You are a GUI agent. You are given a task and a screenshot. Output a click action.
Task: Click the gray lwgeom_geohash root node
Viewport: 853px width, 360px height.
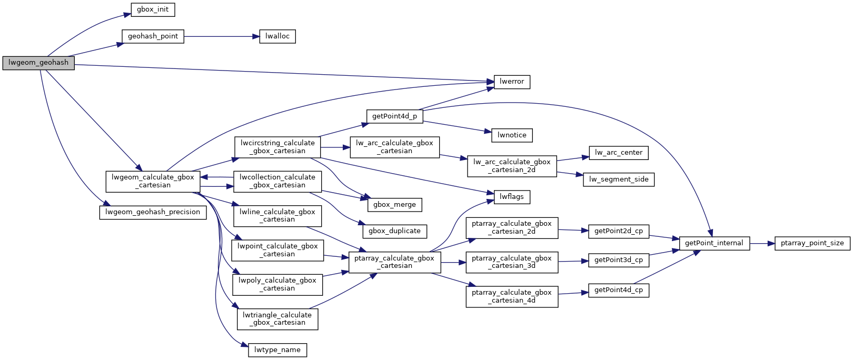38,63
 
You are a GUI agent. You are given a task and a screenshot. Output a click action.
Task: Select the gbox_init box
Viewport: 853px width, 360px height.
153,9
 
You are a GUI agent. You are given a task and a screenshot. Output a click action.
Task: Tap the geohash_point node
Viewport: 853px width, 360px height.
153,36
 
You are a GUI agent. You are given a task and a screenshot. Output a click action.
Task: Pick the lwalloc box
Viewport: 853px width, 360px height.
277,36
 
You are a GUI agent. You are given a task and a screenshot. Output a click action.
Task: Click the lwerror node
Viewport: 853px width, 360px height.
512,82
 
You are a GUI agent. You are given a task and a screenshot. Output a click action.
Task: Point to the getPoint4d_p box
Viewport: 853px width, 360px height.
394,116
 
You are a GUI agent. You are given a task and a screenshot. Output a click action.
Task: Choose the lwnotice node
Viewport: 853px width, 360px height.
512,135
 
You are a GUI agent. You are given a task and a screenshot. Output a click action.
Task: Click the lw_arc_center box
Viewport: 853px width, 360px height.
618,153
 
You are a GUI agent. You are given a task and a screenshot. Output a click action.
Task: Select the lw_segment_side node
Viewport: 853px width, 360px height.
618,179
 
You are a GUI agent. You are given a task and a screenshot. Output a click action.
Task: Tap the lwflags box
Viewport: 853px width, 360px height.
512,197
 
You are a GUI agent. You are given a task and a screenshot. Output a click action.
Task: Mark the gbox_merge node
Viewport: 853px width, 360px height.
394,205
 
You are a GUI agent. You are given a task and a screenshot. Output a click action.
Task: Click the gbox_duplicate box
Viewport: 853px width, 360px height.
394,232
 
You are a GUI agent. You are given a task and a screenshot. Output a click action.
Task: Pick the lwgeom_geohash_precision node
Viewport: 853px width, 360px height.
153,212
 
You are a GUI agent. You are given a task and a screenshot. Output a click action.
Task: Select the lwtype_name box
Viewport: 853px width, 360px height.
277,350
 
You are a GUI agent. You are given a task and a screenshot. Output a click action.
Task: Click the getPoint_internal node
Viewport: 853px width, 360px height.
714,243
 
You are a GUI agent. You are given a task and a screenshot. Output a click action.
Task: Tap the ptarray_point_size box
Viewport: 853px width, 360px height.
812,243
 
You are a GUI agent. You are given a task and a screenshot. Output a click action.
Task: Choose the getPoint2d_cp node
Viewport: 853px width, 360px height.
618,232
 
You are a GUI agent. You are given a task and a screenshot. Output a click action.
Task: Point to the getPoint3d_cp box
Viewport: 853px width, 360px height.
618,261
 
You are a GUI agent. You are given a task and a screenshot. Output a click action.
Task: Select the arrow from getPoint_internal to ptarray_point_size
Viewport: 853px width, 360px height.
762,243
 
